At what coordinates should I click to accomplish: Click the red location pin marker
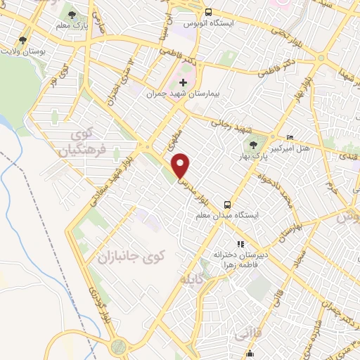point(181,165)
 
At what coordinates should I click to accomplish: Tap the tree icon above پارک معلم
point(73,14)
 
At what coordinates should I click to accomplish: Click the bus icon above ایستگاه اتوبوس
point(208,12)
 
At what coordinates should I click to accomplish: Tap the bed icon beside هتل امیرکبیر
point(290,137)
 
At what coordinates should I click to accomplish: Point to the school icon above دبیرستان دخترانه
point(240,244)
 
